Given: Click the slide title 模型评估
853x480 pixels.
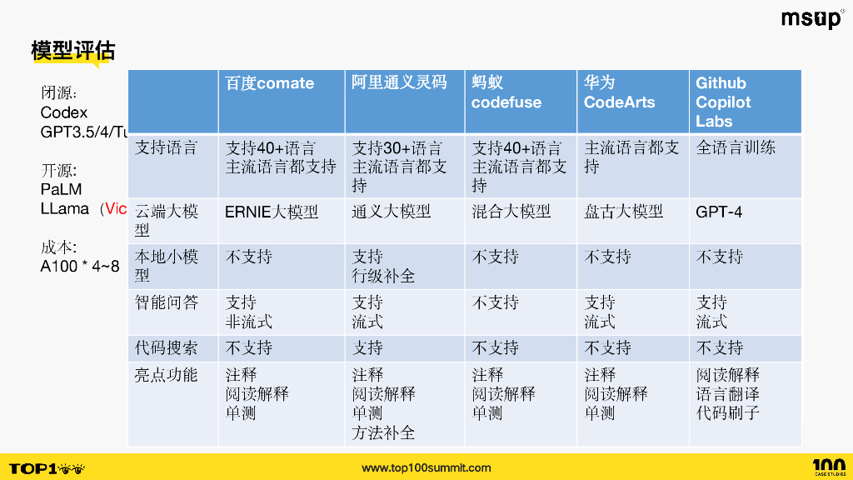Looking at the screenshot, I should tap(72, 51).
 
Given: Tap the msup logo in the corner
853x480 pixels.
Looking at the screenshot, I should tap(811, 19).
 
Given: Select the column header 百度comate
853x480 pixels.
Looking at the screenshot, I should tap(270, 83).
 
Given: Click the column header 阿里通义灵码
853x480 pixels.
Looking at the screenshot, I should tap(399, 82).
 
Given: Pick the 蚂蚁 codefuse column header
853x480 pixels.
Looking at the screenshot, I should tap(506, 92).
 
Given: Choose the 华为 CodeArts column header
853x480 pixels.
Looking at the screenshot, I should tap(619, 92).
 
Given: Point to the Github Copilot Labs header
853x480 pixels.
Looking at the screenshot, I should tap(723, 102).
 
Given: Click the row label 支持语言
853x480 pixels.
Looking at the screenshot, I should tap(167, 148).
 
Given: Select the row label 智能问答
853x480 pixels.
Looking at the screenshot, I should tap(167, 302).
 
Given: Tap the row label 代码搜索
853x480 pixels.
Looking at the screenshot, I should tap(167, 347).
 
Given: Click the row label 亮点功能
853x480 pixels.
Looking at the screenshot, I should tap(167, 375).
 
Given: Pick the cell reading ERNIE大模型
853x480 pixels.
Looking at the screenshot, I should tap(272, 212).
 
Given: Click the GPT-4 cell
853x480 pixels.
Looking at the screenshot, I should tap(719, 212).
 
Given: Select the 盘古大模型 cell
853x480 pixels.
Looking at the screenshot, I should tap(624, 212).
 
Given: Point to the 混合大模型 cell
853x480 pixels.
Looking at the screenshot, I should tap(511, 212).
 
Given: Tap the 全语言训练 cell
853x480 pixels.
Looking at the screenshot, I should tap(736, 148).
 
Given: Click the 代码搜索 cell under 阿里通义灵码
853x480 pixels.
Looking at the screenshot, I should tap(367, 347).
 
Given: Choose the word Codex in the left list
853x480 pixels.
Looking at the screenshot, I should tap(64, 112).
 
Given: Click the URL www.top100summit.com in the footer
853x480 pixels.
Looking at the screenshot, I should tap(426, 467).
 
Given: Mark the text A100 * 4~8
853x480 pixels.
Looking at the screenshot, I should tap(80, 267).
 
